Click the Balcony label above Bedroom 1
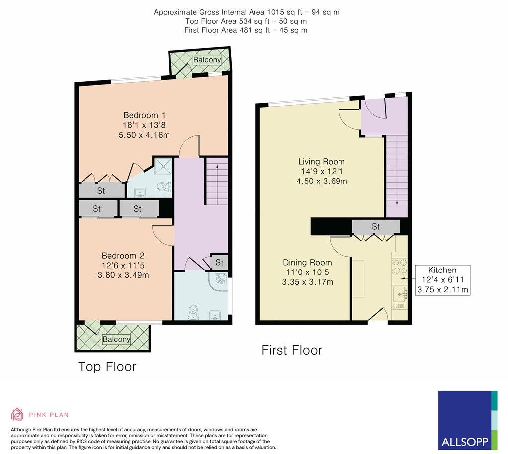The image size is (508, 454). [x=207, y=60]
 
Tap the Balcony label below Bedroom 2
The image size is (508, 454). [x=116, y=340]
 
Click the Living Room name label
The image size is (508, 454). [x=321, y=162]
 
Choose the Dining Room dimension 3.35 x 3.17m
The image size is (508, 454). [x=308, y=282]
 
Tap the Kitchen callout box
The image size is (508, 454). [x=442, y=280]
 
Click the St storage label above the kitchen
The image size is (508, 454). [x=376, y=227]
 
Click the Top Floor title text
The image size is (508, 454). [x=107, y=367]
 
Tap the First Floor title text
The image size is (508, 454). [x=292, y=350]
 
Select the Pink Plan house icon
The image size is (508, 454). [x=17, y=414]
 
